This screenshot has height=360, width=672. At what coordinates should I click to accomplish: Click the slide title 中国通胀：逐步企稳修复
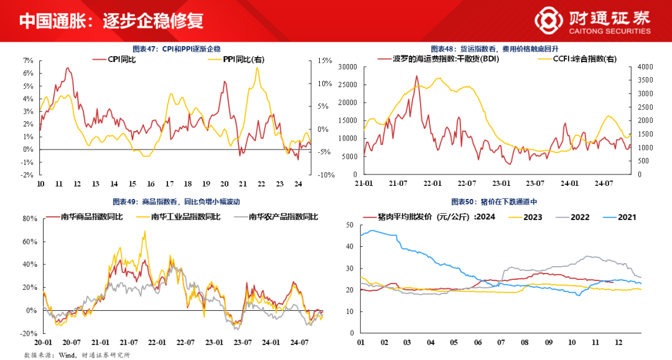tap(111, 21)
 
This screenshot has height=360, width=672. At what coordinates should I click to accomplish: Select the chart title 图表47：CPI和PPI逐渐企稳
tap(176, 48)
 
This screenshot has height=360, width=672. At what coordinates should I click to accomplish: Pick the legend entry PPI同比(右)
tap(244, 59)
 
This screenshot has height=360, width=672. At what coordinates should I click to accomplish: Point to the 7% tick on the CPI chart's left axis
tap(27, 61)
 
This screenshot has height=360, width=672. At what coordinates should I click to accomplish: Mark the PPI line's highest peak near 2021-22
tap(257, 68)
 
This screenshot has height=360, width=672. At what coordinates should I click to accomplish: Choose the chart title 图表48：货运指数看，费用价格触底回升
tap(497, 48)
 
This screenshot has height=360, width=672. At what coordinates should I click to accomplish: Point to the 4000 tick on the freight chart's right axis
tap(643, 67)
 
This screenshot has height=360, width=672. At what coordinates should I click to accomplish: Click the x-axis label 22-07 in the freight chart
tap(466, 184)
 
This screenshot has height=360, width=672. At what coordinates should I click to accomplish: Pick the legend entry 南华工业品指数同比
tap(185, 217)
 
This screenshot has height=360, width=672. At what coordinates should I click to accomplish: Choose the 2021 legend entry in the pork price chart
tap(624, 217)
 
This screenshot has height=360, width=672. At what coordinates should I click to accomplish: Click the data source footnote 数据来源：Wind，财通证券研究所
tap(77, 354)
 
